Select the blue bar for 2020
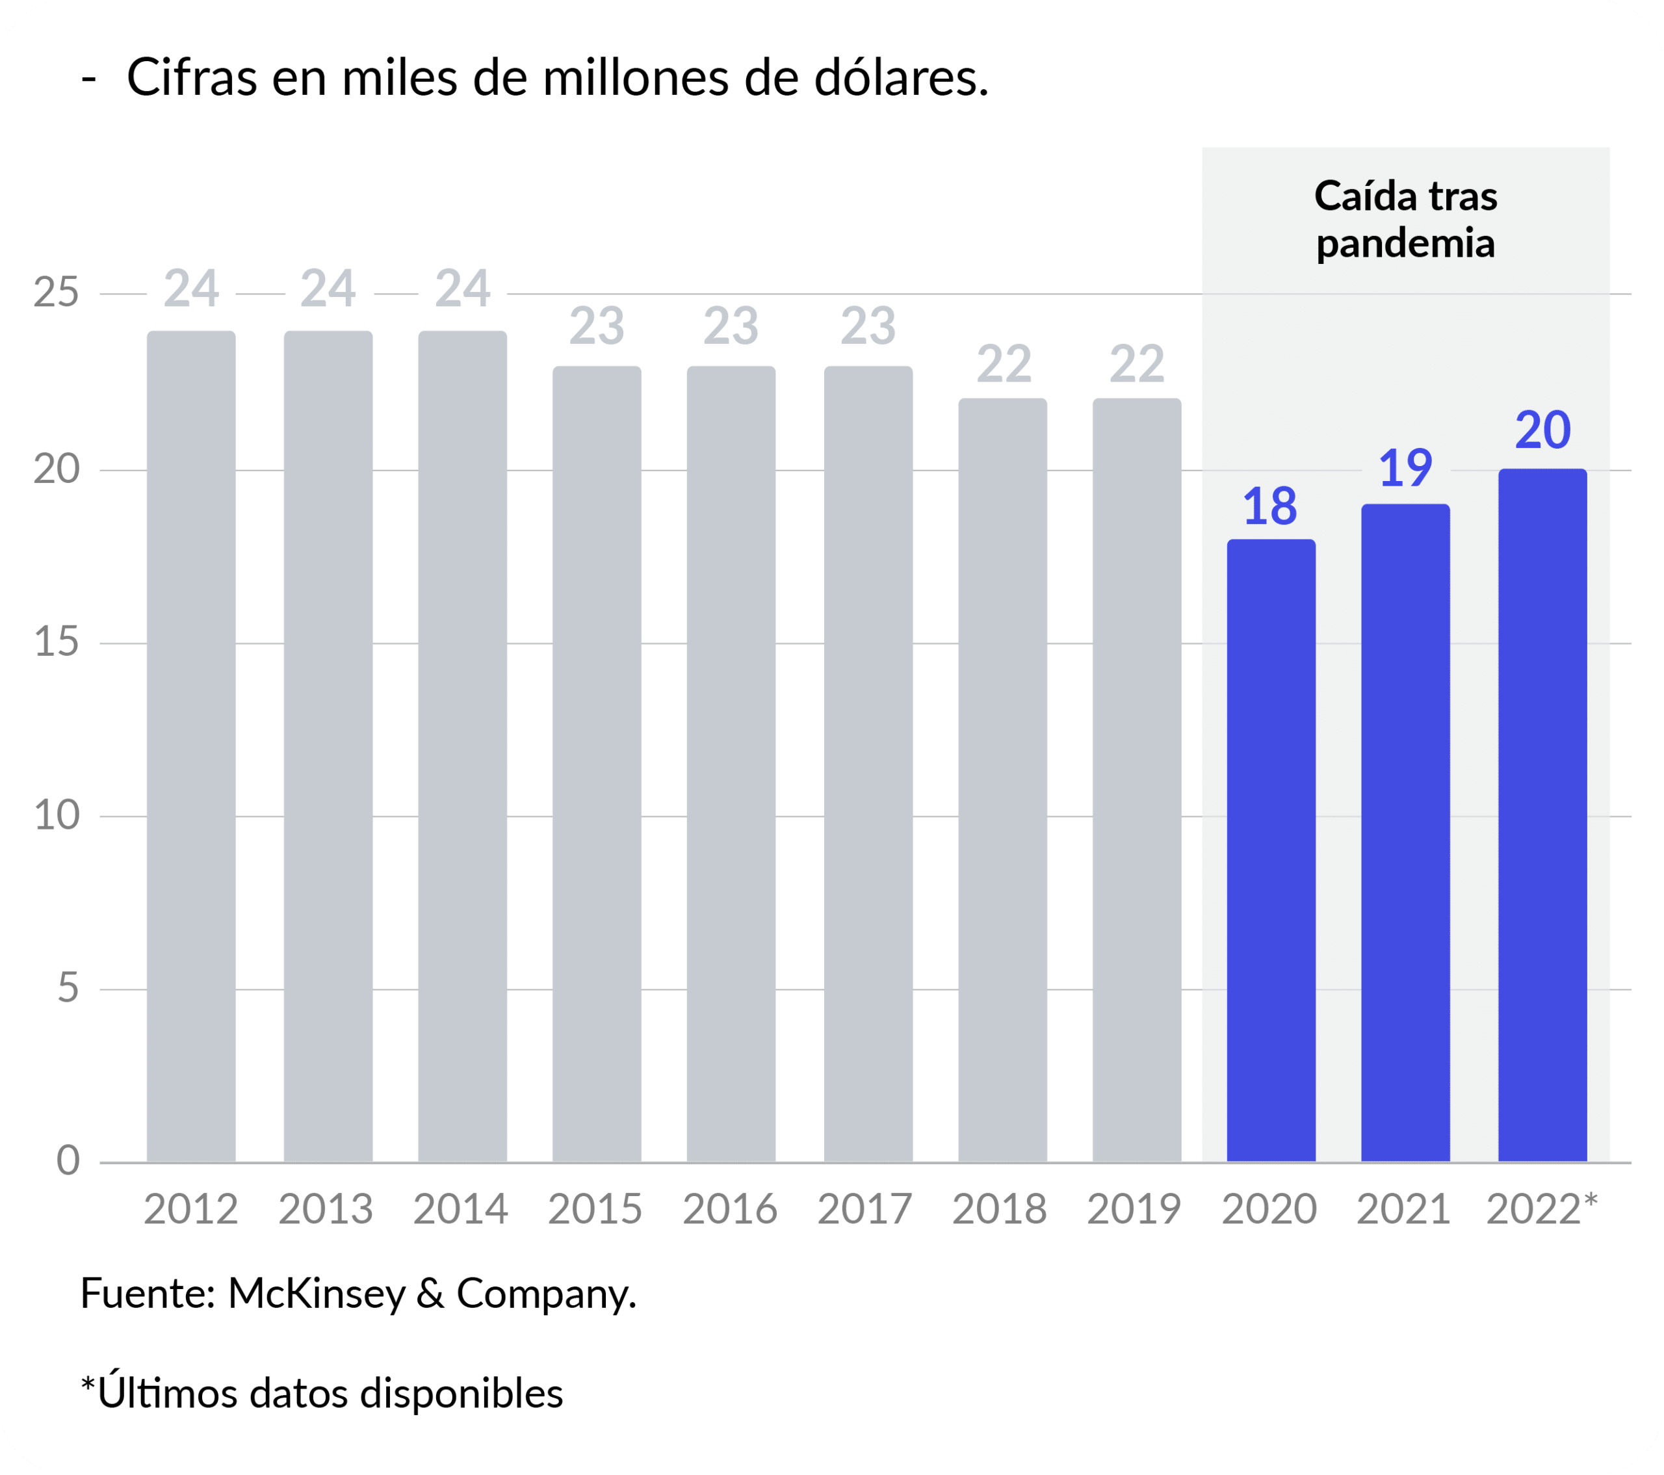[x=1271, y=851]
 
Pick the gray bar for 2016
[x=731, y=764]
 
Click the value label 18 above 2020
[x=1270, y=506]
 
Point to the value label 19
[x=1405, y=469]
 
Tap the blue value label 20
[x=1542, y=430]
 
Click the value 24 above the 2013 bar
[x=328, y=289]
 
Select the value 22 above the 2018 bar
[x=1004, y=364]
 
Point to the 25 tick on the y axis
[x=56, y=293]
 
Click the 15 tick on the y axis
[x=56, y=642]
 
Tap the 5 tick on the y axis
[x=68, y=988]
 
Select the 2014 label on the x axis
[x=461, y=1210]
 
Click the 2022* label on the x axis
[x=1542, y=1210]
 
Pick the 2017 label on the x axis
[x=864, y=1210]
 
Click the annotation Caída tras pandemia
[x=1406, y=220]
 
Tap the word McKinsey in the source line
[x=316, y=1294]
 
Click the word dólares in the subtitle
[x=900, y=79]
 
